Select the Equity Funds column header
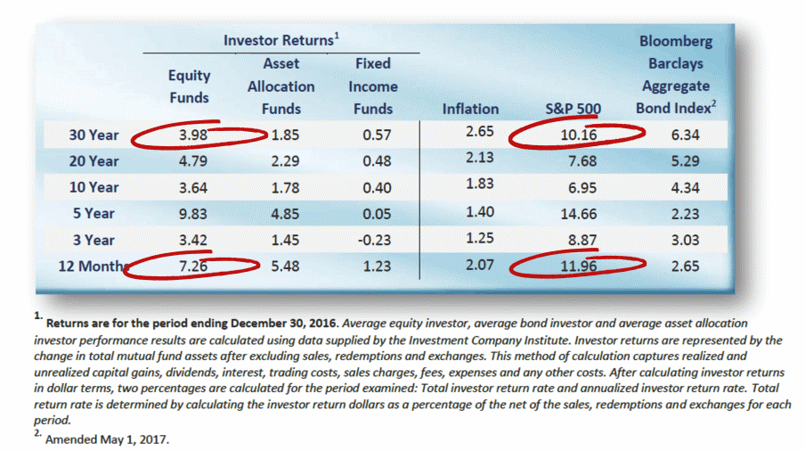189,86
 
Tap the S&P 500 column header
573,109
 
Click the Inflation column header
470,109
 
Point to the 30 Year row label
94,136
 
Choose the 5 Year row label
94,213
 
